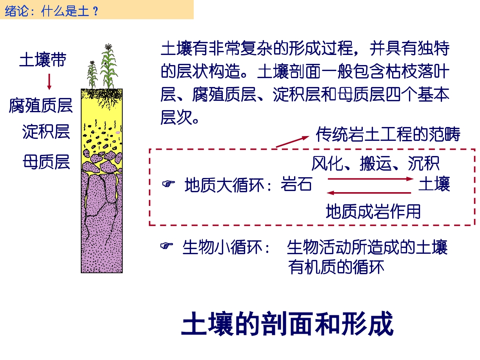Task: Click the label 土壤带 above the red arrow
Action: pos(43,60)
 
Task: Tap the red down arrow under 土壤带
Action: pos(49,82)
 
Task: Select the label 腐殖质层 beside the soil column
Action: pos(41,105)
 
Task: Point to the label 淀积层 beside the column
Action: pos(46,132)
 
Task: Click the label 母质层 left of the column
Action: pos(46,162)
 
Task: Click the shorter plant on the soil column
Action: pos(92,75)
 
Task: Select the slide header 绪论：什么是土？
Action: pos(52,11)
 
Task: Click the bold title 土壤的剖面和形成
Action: pos(287,324)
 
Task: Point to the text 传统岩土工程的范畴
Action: pos(388,134)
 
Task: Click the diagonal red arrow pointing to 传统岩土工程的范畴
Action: pos(293,142)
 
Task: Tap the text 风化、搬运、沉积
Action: pos(375,163)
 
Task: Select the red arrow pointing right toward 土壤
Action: pos(371,179)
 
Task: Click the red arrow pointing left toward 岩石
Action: pos(369,193)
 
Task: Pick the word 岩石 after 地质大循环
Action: pos(296,184)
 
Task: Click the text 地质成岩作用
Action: pos(373,211)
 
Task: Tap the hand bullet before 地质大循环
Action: pos(168,184)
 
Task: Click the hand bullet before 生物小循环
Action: pos(166,245)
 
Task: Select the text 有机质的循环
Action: pos(336,267)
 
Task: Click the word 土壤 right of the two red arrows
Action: pos(434,184)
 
